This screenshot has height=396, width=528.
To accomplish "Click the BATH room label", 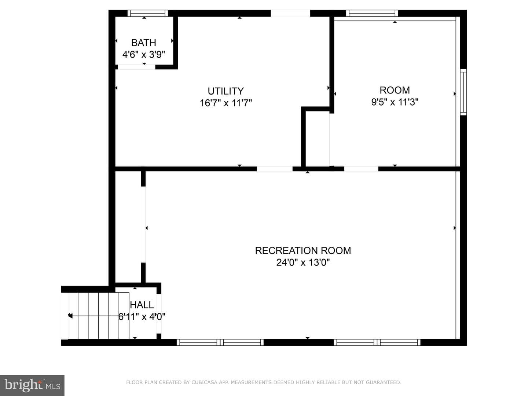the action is [144, 43].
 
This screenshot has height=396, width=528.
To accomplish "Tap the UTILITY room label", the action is [225, 91].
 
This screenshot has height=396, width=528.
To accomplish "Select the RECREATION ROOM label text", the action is [303, 250].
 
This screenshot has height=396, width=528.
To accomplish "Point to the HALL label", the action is [142, 305].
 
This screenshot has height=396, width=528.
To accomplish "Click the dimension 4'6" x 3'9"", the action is [144, 55].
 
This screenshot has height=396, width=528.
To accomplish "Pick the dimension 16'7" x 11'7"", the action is [225, 103].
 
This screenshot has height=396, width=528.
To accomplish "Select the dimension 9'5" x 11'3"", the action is [395, 102].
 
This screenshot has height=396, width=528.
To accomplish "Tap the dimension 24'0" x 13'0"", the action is [303, 262].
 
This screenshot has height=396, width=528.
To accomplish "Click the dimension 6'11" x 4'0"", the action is [142, 317].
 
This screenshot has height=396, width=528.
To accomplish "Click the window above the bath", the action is [147, 13].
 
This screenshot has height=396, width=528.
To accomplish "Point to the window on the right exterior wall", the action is [463, 92].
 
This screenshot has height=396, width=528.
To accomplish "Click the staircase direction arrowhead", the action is [70, 315].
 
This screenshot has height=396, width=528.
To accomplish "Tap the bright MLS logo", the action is [32, 385].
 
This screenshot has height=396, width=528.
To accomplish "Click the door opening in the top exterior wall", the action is [290, 14].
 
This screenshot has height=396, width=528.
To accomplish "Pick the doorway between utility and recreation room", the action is [275, 169].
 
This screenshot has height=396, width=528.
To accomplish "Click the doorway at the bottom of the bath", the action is [137, 67].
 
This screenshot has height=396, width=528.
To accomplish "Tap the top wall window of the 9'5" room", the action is [372, 13].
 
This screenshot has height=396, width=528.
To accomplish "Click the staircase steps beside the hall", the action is [95, 316].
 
